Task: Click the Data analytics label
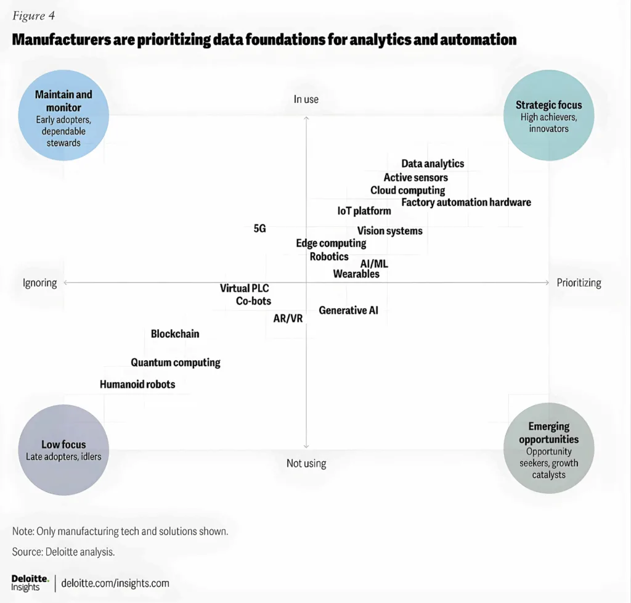pos(433,164)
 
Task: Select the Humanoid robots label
pos(137,385)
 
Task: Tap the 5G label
pos(259,228)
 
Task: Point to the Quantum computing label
pos(176,363)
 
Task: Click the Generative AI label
pos(348,311)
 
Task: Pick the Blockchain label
pos(175,334)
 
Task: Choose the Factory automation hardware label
pos(466,202)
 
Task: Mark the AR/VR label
pos(288,319)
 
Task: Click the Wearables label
pos(356,274)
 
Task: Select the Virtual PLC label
pos(245,289)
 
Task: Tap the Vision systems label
pos(390,231)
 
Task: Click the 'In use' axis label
pos(306,99)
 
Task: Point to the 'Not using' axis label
pos(306,463)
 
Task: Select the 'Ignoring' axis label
pos(39,283)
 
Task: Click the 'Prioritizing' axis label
pos(579,283)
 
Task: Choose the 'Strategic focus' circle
pos(548,115)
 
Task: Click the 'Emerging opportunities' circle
pos(548,448)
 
